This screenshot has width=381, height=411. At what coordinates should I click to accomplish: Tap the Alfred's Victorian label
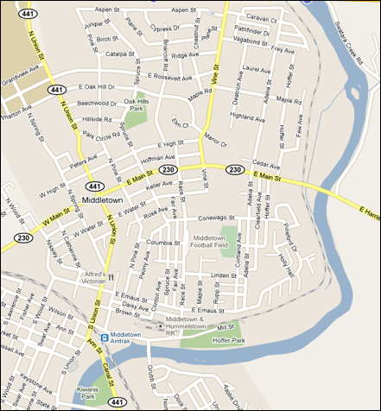coord(89,276)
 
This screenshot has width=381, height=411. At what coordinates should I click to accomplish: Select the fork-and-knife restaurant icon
coord(111,276)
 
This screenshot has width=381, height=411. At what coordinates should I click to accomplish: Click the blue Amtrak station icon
coord(104,337)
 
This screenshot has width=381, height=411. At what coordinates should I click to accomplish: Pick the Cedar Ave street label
coord(267,162)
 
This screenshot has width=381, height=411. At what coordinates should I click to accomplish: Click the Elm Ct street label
coord(180,123)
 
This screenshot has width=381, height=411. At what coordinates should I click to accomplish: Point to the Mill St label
coord(226,328)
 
